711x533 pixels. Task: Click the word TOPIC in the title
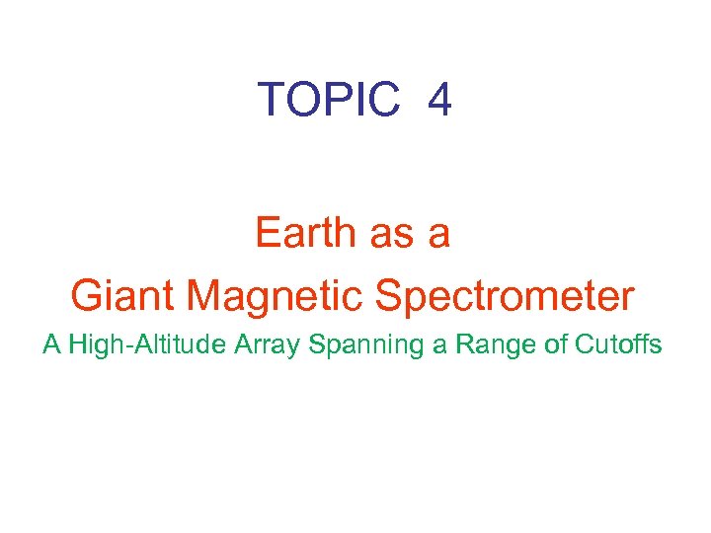tap(328, 100)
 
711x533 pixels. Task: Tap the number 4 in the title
tap(439, 100)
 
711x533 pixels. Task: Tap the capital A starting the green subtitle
tap(50, 345)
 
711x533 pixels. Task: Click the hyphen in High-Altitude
tap(125, 347)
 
